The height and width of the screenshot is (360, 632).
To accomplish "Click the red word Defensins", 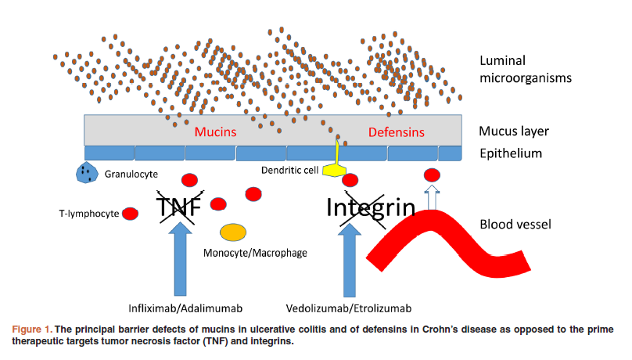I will (x=396, y=132).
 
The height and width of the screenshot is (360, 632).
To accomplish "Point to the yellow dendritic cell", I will (x=338, y=160).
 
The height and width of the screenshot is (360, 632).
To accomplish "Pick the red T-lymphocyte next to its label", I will (x=131, y=213).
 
